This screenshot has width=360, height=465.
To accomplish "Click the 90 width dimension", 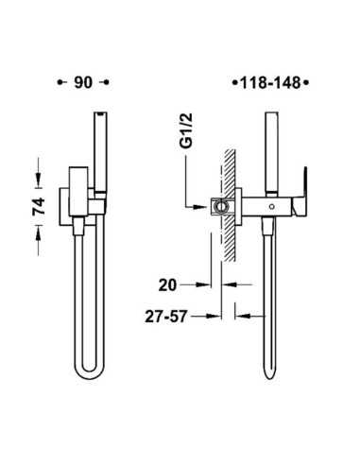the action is [x=83, y=82].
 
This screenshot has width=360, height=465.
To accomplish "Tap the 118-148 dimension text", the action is [x=270, y=83].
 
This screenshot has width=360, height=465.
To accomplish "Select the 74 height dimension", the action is [x=39, y=206].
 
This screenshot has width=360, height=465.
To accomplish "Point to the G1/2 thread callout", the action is [x=186, y=130].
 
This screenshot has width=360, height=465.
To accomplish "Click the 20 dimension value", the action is [x=167, y=285].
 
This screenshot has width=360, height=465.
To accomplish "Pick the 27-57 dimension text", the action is [x=166, y=317].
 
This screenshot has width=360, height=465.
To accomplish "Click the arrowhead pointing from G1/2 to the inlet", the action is [x=200, y=207].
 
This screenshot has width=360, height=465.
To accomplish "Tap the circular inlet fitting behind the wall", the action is [x=220, y=207].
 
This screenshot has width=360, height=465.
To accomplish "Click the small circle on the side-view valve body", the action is [x=272, y=207].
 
